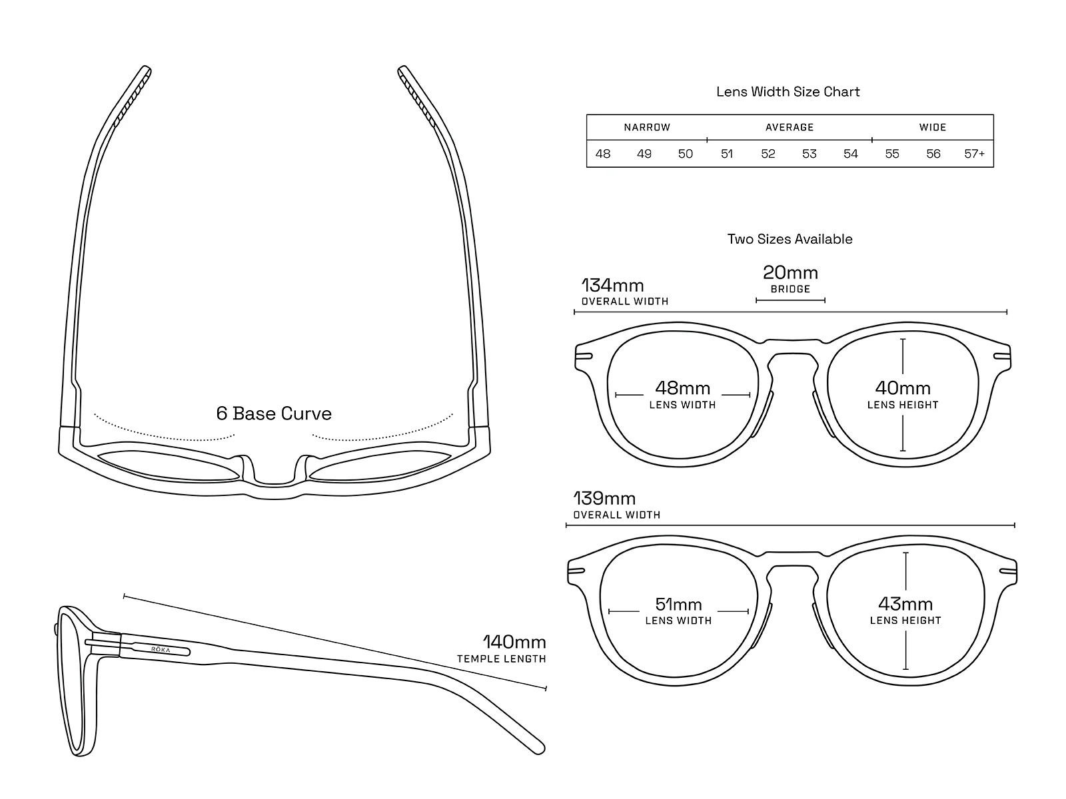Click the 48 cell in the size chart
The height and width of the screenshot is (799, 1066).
tap(603, 154)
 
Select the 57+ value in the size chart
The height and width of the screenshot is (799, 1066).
tap(974, 154)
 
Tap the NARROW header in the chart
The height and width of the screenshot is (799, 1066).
tap(647, 127)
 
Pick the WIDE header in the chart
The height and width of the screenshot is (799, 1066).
tap(933, 127)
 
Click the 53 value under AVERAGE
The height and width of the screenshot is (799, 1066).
tap(809, 154)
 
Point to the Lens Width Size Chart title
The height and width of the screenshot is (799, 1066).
tap(788, 92)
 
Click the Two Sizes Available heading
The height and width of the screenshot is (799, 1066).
tap(790, 239)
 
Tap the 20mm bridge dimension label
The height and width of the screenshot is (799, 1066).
tap(790, 273)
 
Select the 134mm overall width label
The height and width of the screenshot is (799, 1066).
tap(613, 286)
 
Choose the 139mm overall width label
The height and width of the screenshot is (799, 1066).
tap(605, 499)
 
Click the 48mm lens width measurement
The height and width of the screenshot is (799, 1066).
tap(682, 388)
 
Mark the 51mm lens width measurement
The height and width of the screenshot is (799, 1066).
tap(678, 605)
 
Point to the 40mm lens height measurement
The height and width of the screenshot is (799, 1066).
tap(903, 388)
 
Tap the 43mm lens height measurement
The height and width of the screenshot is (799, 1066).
tap(905, 605)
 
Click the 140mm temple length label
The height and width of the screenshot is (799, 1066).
tap(514, 643)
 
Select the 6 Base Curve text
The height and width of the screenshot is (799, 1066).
tap(274, 413)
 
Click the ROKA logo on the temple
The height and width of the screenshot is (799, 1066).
tap(161, 649)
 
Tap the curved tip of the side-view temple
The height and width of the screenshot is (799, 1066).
tap(536, 746)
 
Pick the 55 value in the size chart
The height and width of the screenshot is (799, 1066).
tap(892, 154)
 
